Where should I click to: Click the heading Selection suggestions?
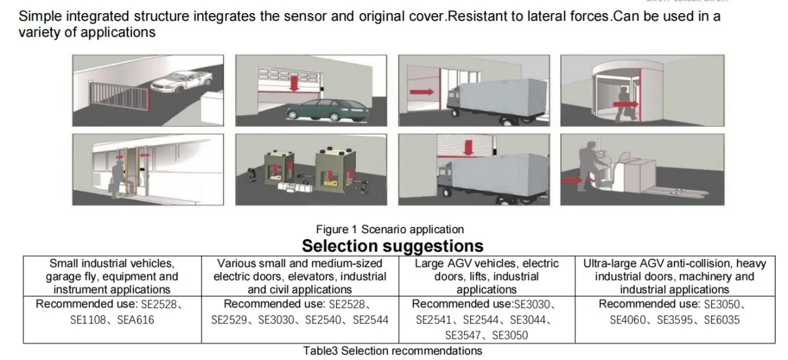[x=393, y=246]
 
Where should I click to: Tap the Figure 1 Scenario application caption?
[x=390, y=229]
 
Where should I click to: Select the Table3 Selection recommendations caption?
[x=393, y=351]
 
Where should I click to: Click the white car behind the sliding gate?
[x=181, y=81]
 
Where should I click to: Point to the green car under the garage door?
[x=328, y=110]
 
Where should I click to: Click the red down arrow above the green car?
[x=294, y=83]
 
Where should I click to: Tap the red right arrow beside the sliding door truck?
[x=422, y=92]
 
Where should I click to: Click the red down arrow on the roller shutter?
[x=468, y=147]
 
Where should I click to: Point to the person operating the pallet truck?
[x=589, y=166]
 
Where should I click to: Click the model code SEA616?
[x=135, y=320]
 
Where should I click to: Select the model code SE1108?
[x=88, y=320]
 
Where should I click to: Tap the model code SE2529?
[x=229, y=320]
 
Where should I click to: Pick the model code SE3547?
[x=463, y=336]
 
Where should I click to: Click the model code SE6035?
[x=722, y=320]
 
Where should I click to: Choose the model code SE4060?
[x=628, y=320]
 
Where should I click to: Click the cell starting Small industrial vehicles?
[x=112, y=277]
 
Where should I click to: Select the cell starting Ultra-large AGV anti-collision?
[x=675, y=277]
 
